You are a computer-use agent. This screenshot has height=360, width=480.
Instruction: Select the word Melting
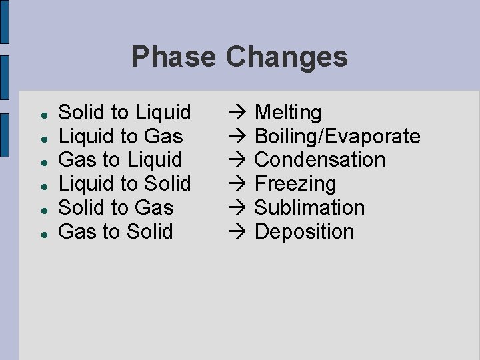tap(288, 113)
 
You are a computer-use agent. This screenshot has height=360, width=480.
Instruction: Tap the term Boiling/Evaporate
tap(337, 137)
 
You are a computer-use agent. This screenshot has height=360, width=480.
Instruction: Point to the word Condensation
tap(320, 160)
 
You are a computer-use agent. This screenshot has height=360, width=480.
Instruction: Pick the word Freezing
tap(295, 184)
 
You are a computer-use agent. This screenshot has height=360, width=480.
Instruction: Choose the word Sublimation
tap(309, 208)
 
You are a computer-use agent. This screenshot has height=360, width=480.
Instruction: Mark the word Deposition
tap(304, 232)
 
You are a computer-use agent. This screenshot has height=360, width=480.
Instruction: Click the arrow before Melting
tap(237, 113)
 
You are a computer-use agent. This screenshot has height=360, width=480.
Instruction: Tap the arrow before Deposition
tap(237, 232)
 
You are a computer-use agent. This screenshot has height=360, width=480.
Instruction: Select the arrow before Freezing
tap(237, 184)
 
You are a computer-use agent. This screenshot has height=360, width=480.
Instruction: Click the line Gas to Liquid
tap(120, 160)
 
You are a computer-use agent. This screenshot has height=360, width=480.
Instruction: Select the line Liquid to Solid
tap(125, 184)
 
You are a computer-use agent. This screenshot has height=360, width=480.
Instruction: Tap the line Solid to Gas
tap(116, 208)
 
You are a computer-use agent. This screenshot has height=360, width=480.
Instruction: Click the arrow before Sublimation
tap(237, 208)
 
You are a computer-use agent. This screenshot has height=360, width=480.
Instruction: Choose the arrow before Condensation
tap(237, 160)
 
